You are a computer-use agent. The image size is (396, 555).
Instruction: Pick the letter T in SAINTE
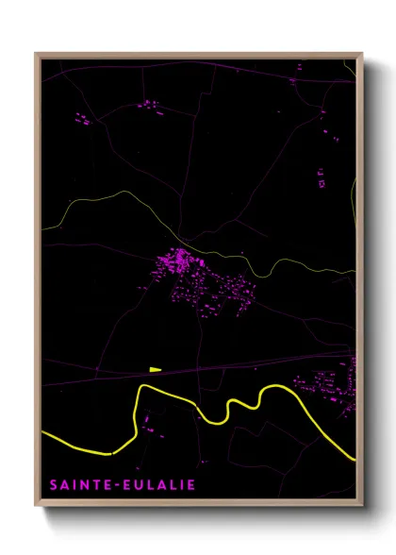[97, 485]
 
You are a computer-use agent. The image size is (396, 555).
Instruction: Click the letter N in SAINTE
[85, 485]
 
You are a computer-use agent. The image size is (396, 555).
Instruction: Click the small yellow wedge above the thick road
[155, 369]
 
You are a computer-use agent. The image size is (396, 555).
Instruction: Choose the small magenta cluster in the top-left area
[82, 120]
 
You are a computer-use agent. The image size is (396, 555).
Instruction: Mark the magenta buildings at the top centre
[149, 106]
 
